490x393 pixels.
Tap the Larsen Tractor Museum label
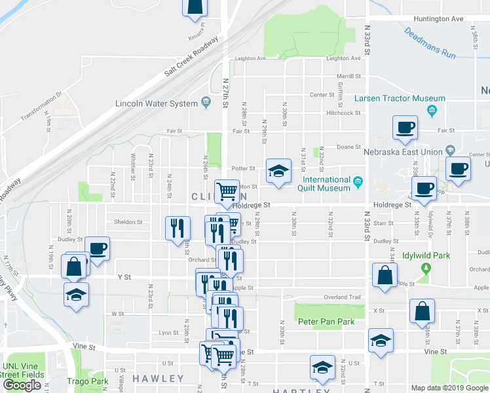[390, 99]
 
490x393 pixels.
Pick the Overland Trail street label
[343, 297]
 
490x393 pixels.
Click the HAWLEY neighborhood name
[159, 379]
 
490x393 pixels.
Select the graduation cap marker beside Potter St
[278, 172]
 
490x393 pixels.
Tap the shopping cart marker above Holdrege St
[227, 191]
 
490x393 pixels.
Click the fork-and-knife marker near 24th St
[177, 229]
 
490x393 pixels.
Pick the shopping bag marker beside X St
[423, 312]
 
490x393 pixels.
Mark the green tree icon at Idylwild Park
[426, 268]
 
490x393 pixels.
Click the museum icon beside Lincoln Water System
[206, 101]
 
